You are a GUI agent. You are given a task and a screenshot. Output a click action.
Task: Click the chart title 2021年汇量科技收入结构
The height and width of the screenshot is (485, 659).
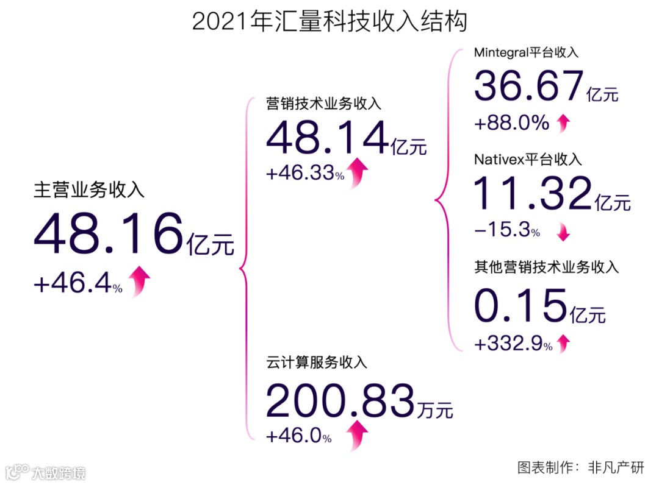click(x=329, y=21)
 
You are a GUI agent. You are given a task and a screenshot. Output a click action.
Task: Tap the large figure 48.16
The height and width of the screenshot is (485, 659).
click(x=109, y=235)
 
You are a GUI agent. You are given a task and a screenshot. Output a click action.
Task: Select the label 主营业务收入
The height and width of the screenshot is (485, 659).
click(x=89, y=190)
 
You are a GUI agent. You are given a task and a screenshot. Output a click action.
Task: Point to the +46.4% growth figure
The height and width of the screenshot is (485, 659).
click(x=77, y=285)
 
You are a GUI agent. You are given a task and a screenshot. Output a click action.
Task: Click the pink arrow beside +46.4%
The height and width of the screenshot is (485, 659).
click(x=140, y=281)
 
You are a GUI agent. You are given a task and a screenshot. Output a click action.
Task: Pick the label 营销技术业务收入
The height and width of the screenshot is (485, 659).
click(x=324, y=103)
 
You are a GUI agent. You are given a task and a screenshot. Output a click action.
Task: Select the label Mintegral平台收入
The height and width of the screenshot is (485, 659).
click(x=526, y=52)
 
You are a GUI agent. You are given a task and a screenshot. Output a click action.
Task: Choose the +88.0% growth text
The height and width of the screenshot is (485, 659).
click(x=511, y=123)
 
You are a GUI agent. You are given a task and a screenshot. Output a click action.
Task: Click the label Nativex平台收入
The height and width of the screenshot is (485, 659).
click(x=528, y=160)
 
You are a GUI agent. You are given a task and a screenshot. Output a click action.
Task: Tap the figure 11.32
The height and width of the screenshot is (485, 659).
click(x=532, y=194)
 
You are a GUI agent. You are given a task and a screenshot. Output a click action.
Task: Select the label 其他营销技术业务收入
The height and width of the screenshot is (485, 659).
click(x=547, y=267)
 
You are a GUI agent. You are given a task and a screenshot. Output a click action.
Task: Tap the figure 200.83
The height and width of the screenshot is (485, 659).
click(x=340, y=403)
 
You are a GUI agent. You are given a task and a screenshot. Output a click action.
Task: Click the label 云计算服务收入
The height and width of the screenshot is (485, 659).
click(x=317, y=363)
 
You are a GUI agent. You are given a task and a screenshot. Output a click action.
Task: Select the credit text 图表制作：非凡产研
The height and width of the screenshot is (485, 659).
click(x=580, y=467)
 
